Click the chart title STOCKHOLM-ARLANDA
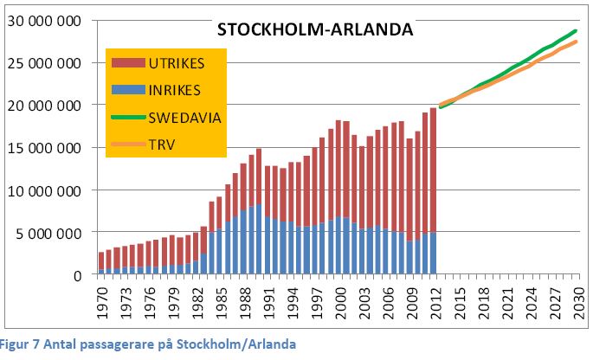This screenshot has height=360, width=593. coord(315,29)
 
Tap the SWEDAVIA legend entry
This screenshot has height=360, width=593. coord(184,118)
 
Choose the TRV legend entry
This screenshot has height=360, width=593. coord(162,145)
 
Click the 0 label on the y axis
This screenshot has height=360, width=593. coord(79,275)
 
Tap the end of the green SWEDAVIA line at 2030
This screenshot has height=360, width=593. coord(576,31)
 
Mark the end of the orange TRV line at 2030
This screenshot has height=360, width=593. coord(576,42)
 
